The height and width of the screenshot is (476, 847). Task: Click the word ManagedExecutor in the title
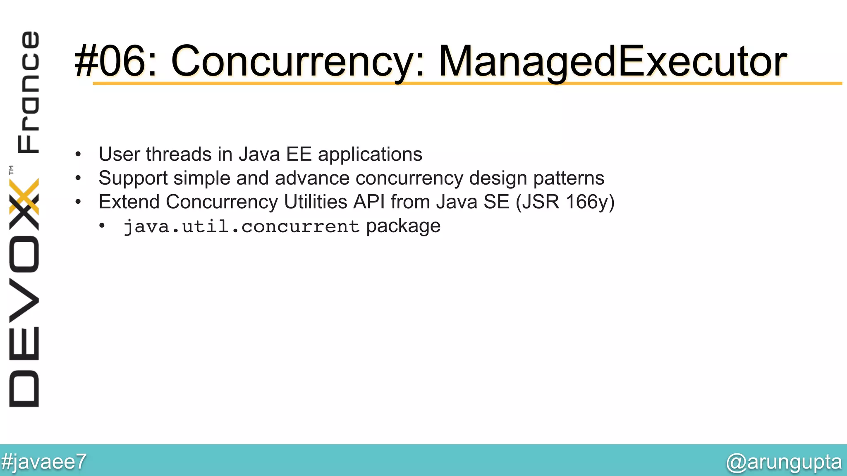click(x=612, y=61)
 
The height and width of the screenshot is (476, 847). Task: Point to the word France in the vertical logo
click(x=28, y=92)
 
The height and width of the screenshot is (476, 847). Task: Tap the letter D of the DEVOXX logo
click(x=24, y=388)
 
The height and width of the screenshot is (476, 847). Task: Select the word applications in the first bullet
click(x=370, y=154)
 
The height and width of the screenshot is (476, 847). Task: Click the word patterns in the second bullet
click(x=569, y=178)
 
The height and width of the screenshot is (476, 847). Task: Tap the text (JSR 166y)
click(x=565, y=202)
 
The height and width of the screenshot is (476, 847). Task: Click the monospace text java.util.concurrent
click(x=242, y=226)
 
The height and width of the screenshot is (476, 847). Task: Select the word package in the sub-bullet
click(x=403, y=226)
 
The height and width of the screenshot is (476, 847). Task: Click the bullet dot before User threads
click(x=78, y=155)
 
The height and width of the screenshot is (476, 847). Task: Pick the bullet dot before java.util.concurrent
click(x=102, y=226)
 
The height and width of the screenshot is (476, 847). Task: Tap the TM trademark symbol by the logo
click(x=11, y=169)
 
